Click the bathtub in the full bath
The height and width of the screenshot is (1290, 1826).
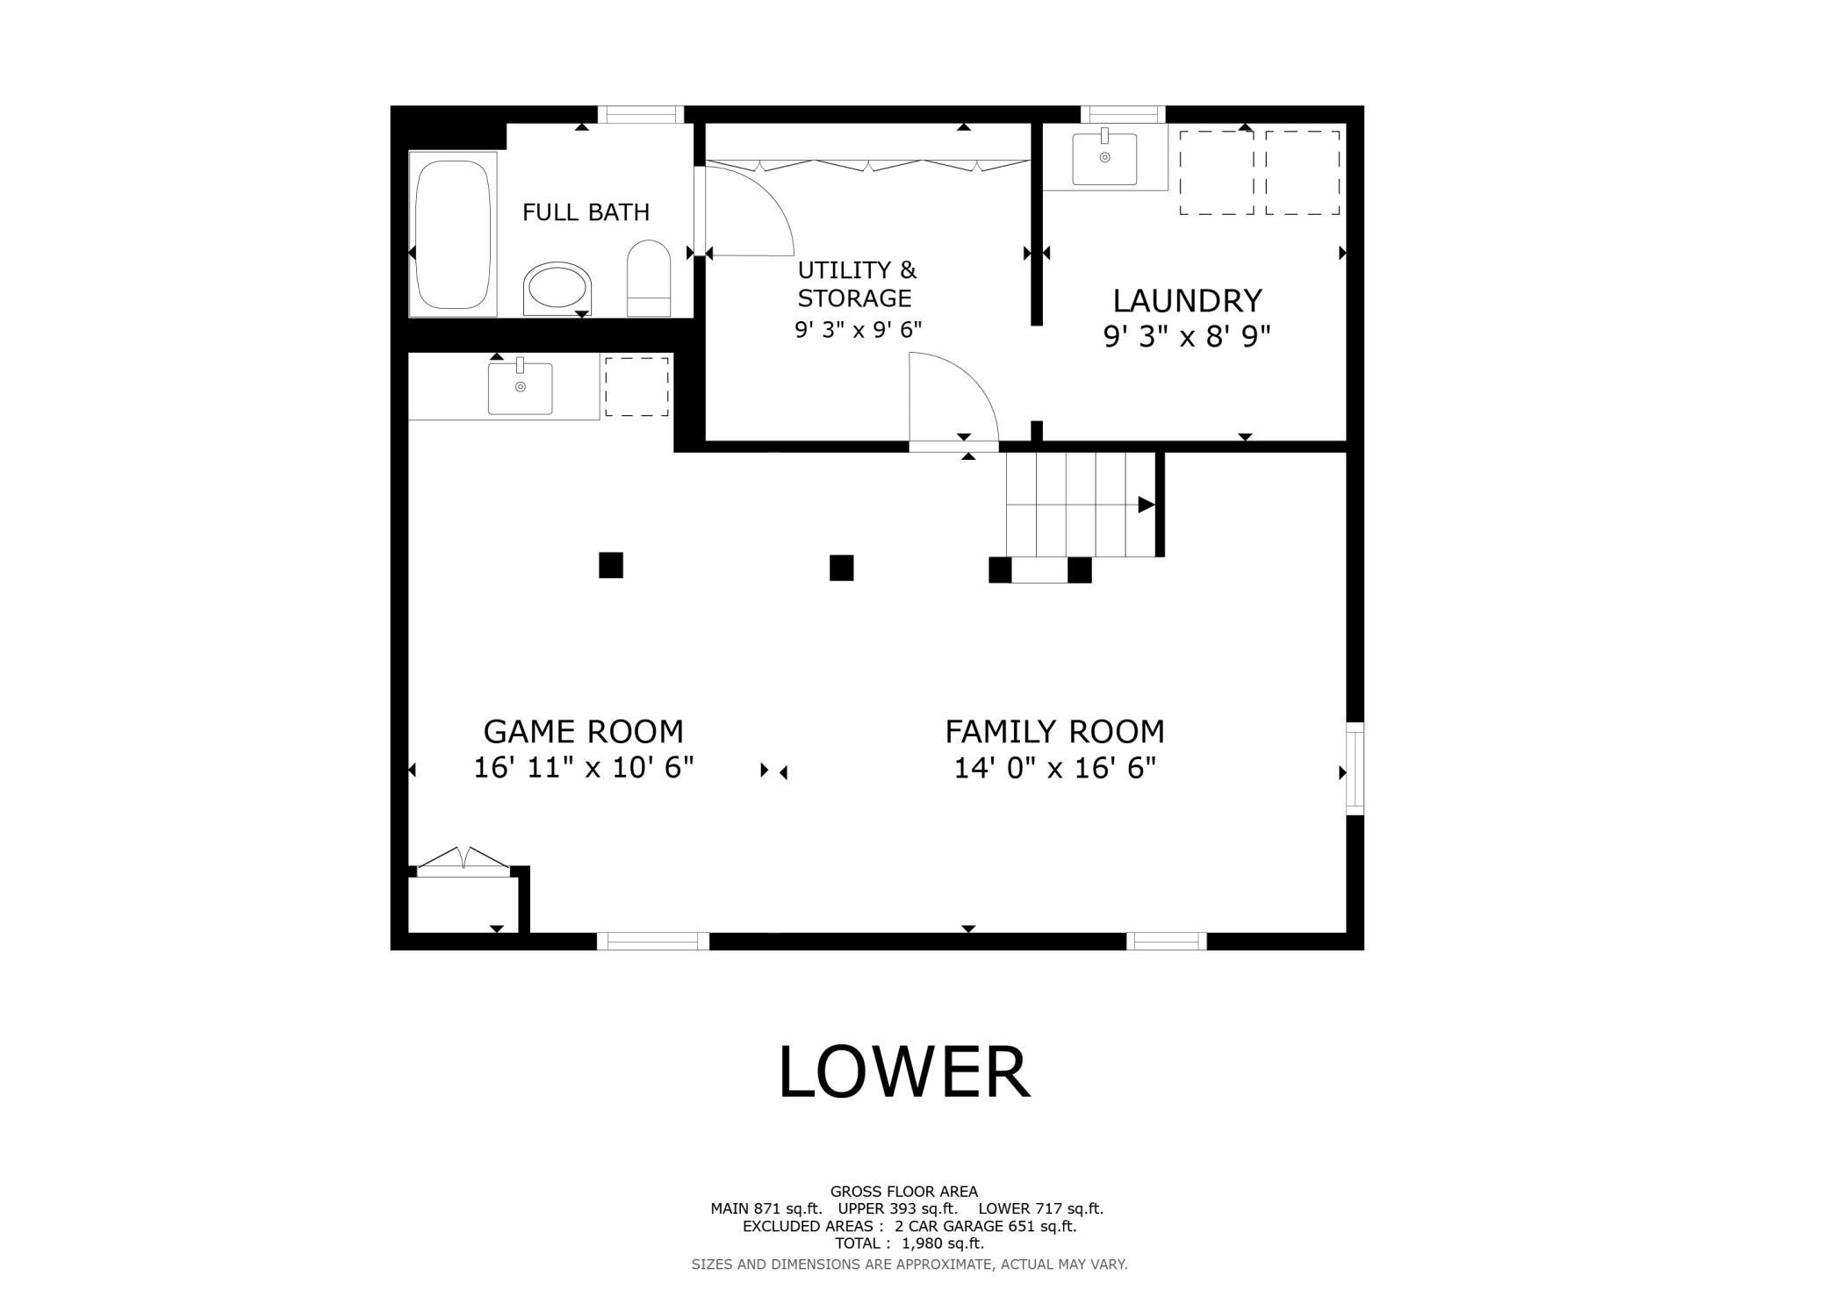[452, 233]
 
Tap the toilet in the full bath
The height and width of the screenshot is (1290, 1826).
[649, 278]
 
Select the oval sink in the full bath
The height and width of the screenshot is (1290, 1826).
[557, 288]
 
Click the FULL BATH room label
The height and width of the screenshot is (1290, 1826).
[586, 212]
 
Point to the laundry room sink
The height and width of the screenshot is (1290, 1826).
[1104, 159]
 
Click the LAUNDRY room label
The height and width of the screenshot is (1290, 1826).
[1187, 301]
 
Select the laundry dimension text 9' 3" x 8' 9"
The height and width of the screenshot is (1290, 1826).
[1187, 336]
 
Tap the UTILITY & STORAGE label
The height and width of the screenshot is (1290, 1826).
[856, 283]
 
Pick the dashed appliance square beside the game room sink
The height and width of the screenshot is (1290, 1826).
[636, 386]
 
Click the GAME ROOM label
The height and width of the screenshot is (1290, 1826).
[583, 731]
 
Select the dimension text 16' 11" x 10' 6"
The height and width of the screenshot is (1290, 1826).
[584, 768]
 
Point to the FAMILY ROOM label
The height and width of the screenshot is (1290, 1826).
[1054, 731]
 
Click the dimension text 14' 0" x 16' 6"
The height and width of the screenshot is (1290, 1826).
[1054, 768]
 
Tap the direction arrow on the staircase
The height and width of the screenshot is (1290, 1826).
[1146, 505]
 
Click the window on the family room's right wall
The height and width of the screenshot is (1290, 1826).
[1355, 768]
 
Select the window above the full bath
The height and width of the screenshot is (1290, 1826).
[641, 114]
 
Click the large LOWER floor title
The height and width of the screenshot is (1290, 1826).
[904, 1071]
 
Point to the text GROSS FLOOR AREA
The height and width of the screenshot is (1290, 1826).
[903, 1192]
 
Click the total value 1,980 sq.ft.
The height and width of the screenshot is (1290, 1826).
[942, 1243]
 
